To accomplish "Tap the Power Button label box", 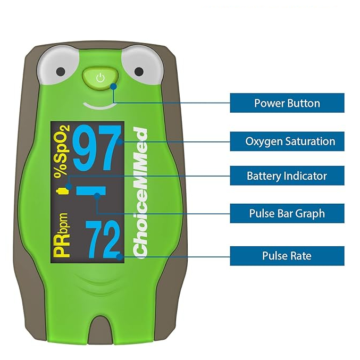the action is pos(287,103).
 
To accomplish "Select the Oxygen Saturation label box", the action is pos(287,141).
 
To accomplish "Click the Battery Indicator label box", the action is pos(287,175).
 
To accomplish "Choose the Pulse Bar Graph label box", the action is pos(287,214).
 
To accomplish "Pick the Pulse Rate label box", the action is pos(287,256).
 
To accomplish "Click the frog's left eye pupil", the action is pos(61,71).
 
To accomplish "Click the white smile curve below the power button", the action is pos(99,105).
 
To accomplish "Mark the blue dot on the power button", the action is pos(113,85).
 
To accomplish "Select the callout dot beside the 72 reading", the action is pos(123,256).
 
